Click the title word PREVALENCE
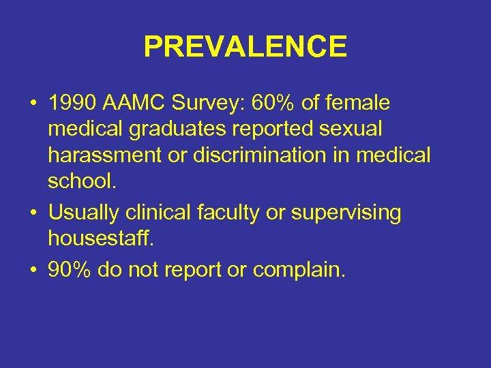[x=245, y=47]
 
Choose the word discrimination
[x=262, y=155]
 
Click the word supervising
[x=346, y=213]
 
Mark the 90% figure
[x=70, y=270]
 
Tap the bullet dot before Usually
[x=33, y=213]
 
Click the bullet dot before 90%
[x=33, y=271]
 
